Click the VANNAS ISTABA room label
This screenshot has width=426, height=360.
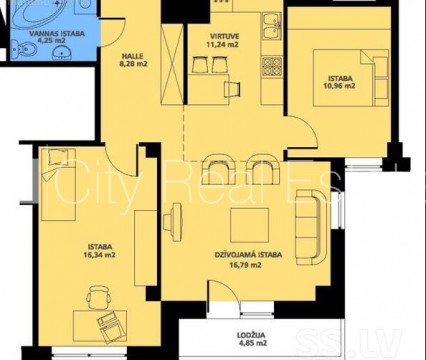[x=56, y=34]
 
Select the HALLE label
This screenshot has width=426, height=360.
[x=132, y=56]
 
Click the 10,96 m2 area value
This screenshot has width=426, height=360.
[x=339, y=86]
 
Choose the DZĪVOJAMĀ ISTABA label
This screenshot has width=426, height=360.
[x=248, y=255]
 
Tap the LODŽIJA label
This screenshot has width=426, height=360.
[x=252, y=335]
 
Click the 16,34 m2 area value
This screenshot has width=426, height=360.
[x=100, y=255]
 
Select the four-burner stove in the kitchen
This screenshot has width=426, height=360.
[x=272, y=67]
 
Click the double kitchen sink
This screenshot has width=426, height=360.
[x=272, y=26]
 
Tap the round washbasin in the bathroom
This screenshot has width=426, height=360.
[x=62, y=52]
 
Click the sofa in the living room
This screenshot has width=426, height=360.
[x=310, y=228]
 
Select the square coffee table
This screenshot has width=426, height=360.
[x=250, y=226]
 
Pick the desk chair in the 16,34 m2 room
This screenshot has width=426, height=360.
[x=99, y=298]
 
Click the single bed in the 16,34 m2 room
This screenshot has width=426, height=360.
[x=59, y=184]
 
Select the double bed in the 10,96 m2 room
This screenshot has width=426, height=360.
[x=351, y=78]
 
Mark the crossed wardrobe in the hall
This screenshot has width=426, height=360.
[x=172, y=64]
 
